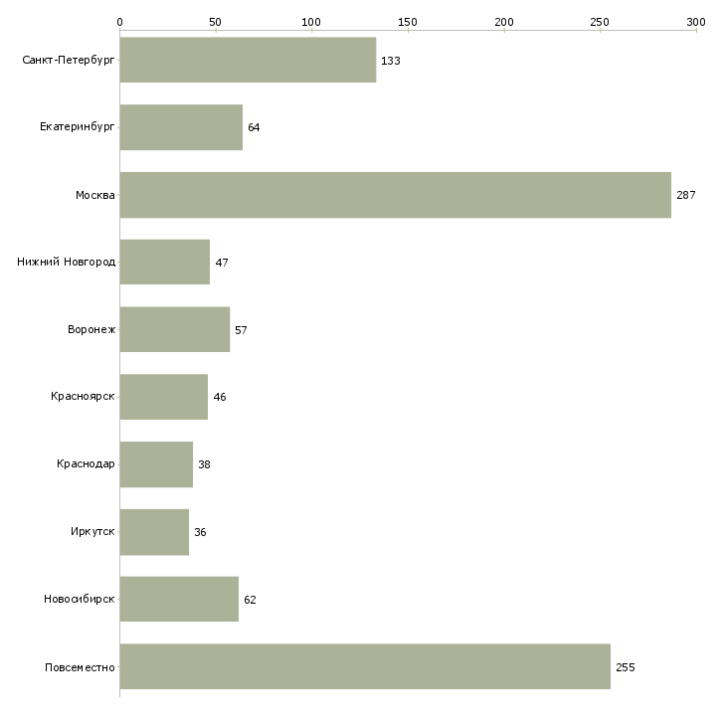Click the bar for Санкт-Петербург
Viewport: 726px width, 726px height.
point(248,60)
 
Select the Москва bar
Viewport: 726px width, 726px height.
point(396,195)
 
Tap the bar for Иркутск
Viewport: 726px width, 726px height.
point(154,532)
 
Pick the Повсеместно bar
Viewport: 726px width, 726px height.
point(365,666)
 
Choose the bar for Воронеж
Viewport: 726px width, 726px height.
point(175,329)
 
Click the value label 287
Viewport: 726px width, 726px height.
point(685,195)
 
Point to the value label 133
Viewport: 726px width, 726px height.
point(390,61)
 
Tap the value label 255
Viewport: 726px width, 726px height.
point(626,667)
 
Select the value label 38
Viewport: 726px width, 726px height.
point(204,464)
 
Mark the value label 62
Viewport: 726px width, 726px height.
point(250,600)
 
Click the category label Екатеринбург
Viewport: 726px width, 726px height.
point(77,127)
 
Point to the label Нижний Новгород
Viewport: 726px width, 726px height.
point(67,262)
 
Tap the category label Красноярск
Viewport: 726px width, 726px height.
point(83,397)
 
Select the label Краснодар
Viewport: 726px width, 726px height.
point(86,463)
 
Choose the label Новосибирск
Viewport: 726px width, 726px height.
point(80,599)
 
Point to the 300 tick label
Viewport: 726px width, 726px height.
point(696,22)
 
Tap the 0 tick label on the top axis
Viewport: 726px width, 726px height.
point(120,22)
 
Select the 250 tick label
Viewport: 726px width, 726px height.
point(600,22)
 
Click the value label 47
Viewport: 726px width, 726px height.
point(222,263)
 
